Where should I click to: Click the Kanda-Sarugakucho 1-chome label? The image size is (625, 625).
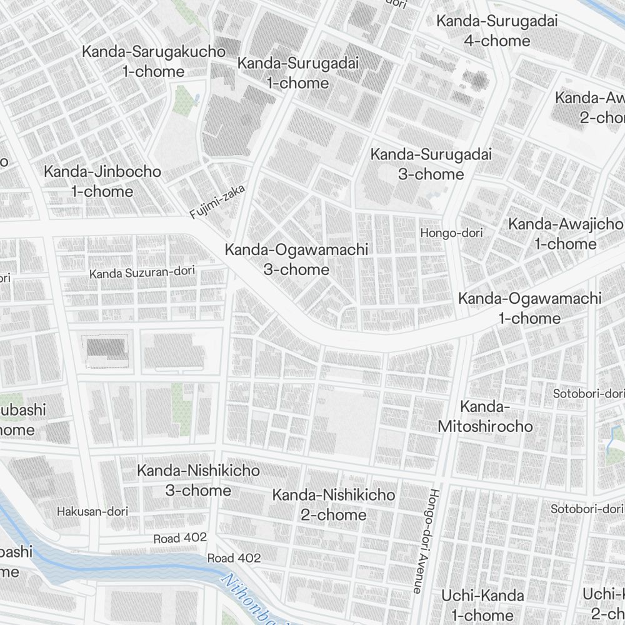(x=153, y=61)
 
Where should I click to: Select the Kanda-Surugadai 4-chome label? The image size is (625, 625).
(x=497, y=31)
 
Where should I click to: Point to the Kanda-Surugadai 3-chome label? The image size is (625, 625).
(x=431, y=164)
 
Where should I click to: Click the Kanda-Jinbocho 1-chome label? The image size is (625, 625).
(x=102, y=181)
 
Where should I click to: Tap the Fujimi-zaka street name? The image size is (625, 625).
(x=218, y=202)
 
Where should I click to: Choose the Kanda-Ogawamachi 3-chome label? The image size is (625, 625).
(x=296, y=259)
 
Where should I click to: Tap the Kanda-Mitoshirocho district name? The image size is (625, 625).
(x=485, y=417)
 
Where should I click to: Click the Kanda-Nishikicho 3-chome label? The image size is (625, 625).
(x=198, y=480)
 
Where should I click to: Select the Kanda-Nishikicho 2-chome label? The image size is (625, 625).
(x=334, y=504)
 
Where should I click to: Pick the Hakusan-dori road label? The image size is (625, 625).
(x=92, y=511)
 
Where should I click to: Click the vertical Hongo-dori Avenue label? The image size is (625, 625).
(x=423, y=541)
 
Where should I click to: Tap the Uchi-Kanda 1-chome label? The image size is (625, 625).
(x=482, y=604)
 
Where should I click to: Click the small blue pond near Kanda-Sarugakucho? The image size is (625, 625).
(x=197, y=98)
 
